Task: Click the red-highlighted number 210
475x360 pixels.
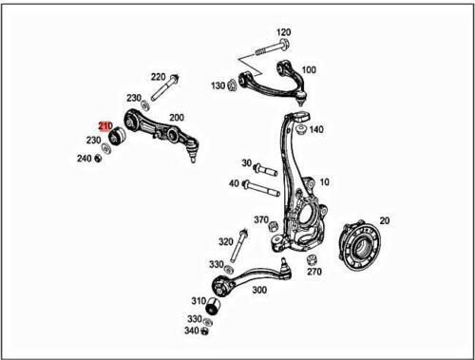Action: click(x=105, y=126)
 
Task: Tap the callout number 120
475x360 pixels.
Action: click(x=283, y=32)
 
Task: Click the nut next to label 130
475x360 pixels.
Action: click(x=232, y=85)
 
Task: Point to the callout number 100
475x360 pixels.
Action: click(x=309, y=70)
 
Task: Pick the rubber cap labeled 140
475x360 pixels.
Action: click(x=301, y=129)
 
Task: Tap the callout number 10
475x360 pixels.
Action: click(x=325, y=182)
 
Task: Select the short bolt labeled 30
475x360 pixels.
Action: click(x=265, y=169)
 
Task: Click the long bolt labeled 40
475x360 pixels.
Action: click(x=261, y=188)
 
